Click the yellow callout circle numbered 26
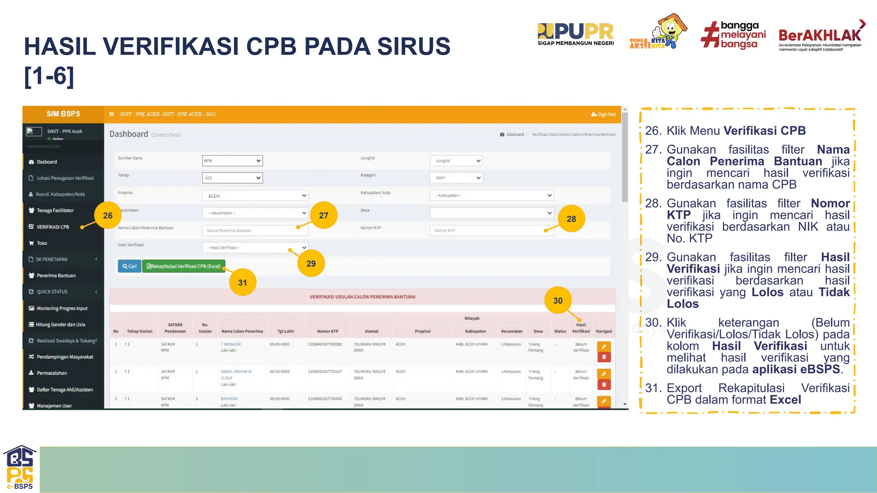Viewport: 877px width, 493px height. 107,215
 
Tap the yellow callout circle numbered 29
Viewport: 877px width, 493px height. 311,263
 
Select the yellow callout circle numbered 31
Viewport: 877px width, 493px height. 242,282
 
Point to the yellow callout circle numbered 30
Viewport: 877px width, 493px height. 558,300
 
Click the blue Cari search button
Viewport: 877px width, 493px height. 129,266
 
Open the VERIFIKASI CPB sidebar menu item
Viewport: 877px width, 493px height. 53,227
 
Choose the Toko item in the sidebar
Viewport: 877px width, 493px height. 42,243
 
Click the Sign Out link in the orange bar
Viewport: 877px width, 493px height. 603,114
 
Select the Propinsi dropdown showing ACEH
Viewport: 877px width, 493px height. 255,196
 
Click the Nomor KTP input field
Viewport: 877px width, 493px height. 491,230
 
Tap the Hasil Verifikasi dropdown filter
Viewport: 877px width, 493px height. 255,247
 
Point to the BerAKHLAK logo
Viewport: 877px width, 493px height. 820,36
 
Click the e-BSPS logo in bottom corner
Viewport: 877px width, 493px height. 20,468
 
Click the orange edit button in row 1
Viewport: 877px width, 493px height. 604,346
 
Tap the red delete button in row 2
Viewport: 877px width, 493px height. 604,384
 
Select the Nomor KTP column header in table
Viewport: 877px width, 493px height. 328,331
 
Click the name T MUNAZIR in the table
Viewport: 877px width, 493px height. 231,344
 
